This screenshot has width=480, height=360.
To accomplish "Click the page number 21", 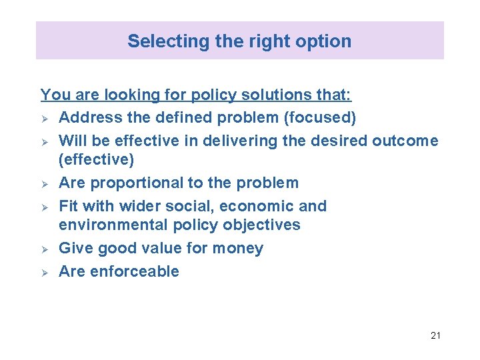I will tap(435, 335).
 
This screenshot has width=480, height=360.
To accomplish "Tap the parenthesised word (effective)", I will tap(97, 160).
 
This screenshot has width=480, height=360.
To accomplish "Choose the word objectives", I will tap(261, 225).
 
